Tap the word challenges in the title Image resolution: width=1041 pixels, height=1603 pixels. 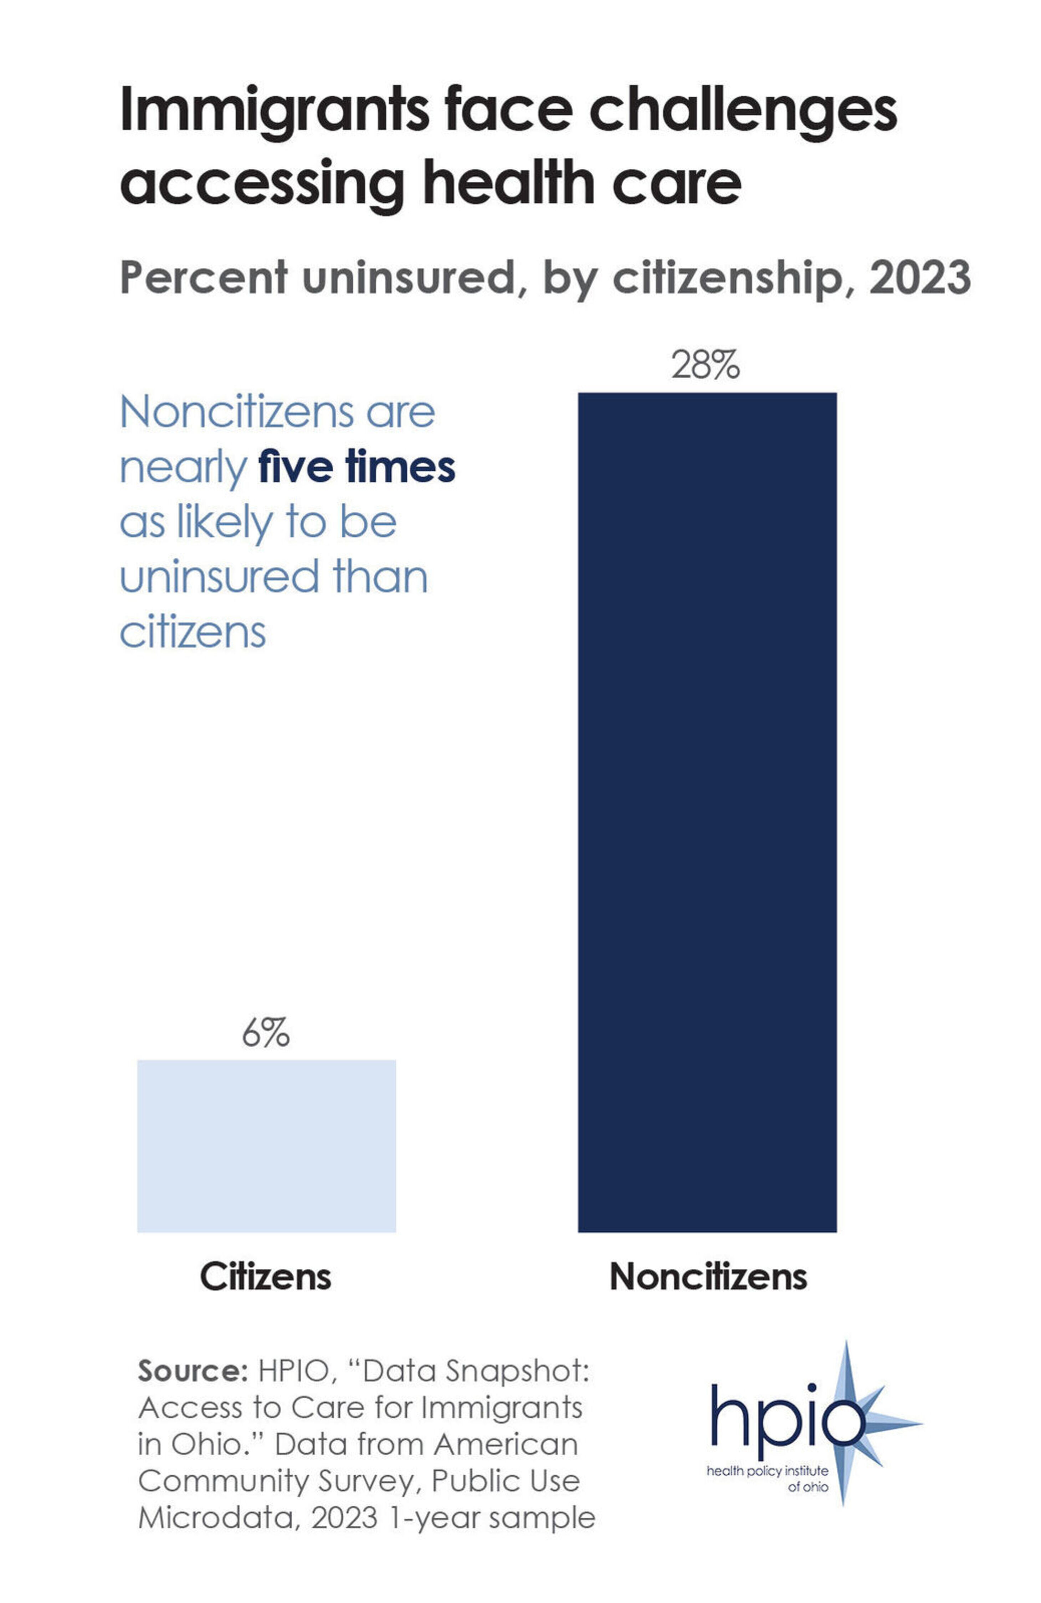point(743,111)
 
